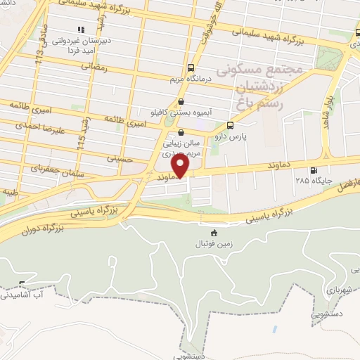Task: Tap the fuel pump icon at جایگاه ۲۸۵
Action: (x=313, y=169)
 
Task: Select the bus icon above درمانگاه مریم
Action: (x=191, y=67)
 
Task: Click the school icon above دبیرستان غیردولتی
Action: (x=80, y=30)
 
